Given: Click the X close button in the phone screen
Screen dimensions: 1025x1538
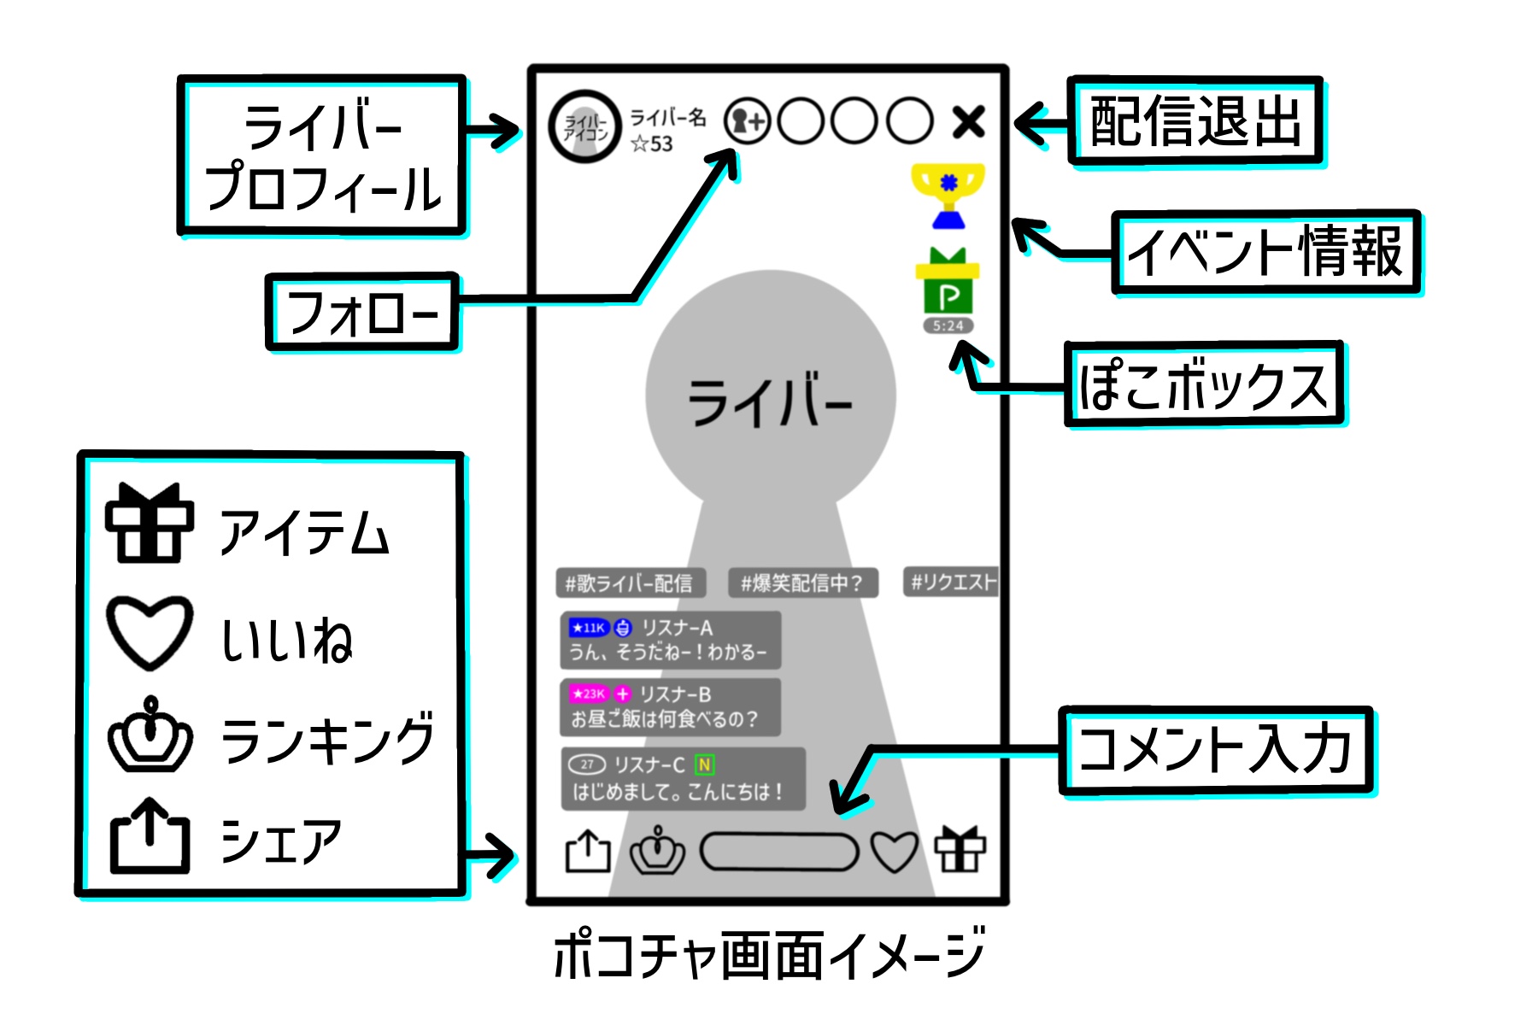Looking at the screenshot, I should pyautogui.click(x=968, y=122).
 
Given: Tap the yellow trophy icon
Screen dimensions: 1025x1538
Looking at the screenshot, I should pyautogui.click(x=948, y=195).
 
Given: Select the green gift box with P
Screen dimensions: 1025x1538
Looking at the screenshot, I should pyautogui.click(x=948, y=282).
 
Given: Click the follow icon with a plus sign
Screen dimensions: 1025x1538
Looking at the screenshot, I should pyautogui.click(x=747, y=121).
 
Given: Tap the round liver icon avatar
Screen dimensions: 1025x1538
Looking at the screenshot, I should pyautogui.click(x=584, y=126).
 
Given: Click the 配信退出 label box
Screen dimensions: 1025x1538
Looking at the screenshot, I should pyautogui.click(x=1195, y=120).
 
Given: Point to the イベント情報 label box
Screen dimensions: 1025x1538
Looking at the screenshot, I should pyautogui.click(x=1265, y=252).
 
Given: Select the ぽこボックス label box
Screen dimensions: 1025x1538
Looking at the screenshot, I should pyautogui.click(x=1203, y=384).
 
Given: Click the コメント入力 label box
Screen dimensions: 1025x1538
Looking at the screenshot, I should pyautogui.click(x=1215, y=750).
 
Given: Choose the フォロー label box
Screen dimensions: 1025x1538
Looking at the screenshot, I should pyautogui.click(x=363, y=312).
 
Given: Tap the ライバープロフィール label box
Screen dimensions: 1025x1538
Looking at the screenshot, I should pyautogui.click(x=322, y=156).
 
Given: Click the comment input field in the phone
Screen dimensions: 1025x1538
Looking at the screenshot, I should pyautogui.click(x=778, y=852).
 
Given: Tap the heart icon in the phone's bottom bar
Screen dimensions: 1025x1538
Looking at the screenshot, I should pyautogui.click(x=894, y=852).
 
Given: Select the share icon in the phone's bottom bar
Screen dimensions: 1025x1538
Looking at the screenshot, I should pyautogui.click(x=588, y=852).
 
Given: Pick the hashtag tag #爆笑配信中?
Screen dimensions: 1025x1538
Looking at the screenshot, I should pyautogui.click(x=801, y=583).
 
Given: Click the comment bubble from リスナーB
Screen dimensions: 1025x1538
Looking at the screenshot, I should pyautogui.click(x=670, y=707).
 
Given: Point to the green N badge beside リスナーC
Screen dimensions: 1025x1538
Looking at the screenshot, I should pyautogui.click(x=704, y=764).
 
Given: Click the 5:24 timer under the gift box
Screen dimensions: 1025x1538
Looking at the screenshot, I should pyautogui.click(x=948, y=325).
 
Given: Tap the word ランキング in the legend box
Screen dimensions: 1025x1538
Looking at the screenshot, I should pyautogui.click(x=327, y=739).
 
